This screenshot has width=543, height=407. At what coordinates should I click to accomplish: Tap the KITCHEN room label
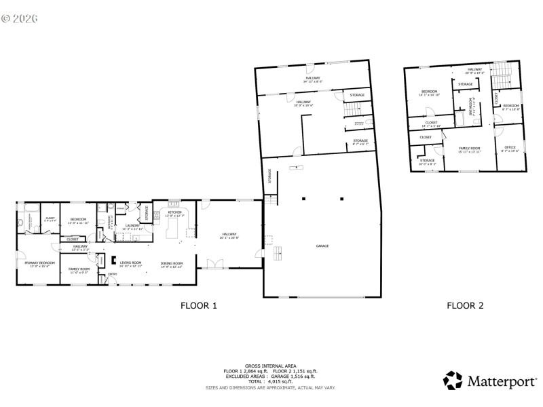(175, 213)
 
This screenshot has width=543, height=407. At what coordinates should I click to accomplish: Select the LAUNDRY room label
(132, 226)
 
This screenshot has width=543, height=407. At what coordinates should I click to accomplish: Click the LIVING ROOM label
(131, 263)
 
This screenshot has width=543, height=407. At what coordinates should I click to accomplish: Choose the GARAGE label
(322, 246)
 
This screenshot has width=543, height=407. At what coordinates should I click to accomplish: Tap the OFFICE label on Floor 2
(510, 147)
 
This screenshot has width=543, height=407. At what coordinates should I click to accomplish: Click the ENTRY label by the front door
(113, 274)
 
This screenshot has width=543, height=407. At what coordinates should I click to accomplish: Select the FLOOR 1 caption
(198, 306)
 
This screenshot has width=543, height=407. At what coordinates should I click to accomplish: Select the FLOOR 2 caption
(465, 306)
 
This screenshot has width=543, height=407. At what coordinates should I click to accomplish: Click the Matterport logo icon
(453, 381)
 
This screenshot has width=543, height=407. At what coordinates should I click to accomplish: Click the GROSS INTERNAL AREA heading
(270, 366)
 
